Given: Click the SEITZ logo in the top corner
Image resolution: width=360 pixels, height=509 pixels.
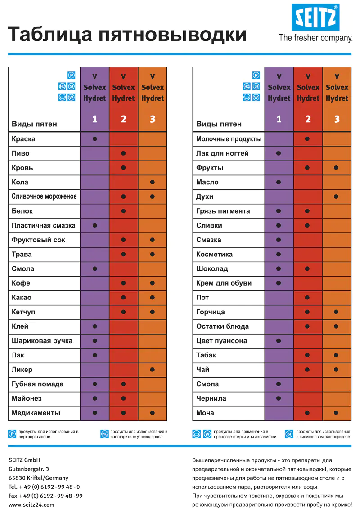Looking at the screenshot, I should pos(315,18).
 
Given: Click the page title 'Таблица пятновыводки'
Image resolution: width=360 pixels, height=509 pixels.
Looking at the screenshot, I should pos(127,34).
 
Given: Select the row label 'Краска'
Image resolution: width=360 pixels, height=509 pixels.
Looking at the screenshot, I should pos(23,139).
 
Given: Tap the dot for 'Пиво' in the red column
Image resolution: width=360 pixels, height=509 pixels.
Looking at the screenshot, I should pos(123,153).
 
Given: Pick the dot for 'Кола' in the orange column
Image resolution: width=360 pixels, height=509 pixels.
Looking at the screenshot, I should pos(153,182).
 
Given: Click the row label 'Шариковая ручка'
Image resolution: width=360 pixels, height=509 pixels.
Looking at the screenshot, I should pos(42,341).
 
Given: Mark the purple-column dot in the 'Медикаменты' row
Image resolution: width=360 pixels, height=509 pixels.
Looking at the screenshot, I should pos(94,413).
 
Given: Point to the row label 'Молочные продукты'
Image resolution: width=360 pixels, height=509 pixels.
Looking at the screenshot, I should pos(229,139).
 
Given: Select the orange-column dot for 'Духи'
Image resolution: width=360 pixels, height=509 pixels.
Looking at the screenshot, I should pos(337,196).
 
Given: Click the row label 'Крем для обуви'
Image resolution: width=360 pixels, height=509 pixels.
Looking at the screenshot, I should pos(224,283).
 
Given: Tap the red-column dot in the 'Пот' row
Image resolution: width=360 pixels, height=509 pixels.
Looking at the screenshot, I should pos(307,298).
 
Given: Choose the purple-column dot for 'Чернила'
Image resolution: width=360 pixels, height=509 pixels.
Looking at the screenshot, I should pos(279,398).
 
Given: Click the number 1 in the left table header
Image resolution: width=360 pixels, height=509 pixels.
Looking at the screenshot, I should pos(94,119).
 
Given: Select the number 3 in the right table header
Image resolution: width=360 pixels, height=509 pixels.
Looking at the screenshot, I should pos(337,119).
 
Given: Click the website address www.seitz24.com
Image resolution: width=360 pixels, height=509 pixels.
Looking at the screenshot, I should pos(31,505).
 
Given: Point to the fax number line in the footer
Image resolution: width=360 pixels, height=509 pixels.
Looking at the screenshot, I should pos(45,496).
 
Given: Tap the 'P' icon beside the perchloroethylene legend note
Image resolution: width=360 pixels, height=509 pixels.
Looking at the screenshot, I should pos(12,434).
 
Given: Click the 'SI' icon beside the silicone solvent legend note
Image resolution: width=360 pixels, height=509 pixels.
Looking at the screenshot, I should pos(289,434).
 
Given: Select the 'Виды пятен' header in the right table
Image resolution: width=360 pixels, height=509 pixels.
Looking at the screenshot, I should pos(219,124).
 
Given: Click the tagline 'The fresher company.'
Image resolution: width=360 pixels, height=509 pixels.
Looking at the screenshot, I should pos(315,38).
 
